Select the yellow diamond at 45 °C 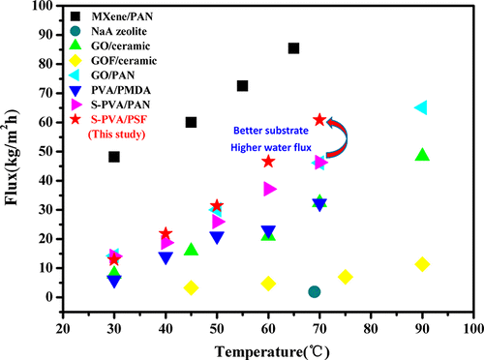(191, 287)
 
